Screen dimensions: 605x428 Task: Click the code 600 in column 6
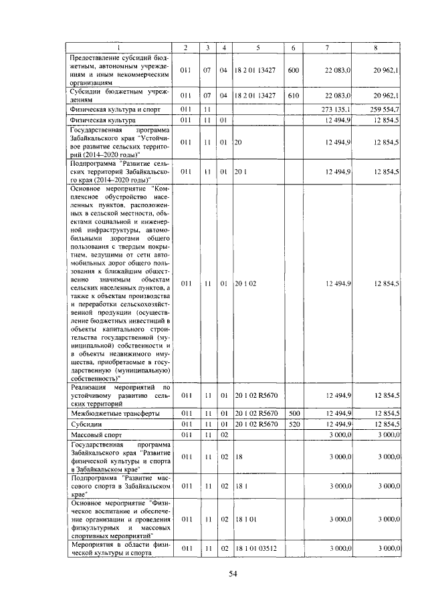point(293,70)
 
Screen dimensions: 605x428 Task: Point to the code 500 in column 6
point(293,414)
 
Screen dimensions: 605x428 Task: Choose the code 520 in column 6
point(293,424)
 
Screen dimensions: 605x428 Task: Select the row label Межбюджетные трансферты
point(109,414)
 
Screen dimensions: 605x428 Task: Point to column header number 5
point(257,46)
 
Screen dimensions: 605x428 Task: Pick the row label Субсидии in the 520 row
point(86,424)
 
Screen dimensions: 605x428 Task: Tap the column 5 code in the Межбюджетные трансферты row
point(256,414)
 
